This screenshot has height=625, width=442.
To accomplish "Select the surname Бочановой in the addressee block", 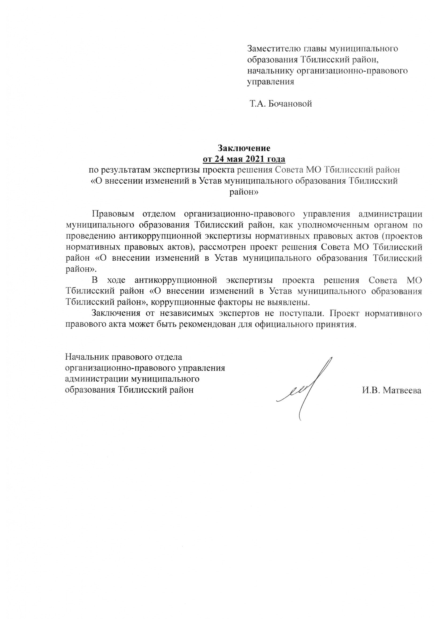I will (290, 104).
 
